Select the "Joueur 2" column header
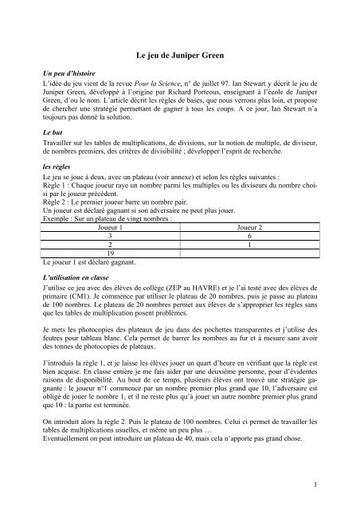click(x=245, y=227)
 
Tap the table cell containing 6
click(x=245, y=236)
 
